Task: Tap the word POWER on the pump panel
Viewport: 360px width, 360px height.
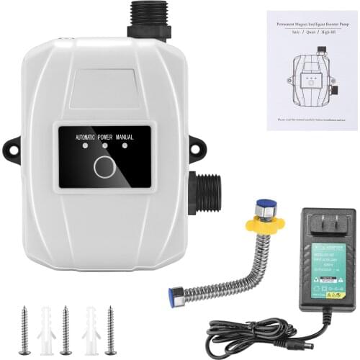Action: click(x=105, y=135)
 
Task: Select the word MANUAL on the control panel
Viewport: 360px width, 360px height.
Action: click(x=130, y=135)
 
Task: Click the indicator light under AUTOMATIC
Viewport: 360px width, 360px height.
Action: click(x=86, y=145)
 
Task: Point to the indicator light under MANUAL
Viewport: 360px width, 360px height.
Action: click(x=124, y=145)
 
